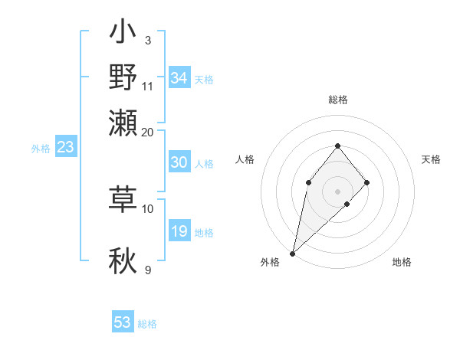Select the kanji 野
coord(123,79)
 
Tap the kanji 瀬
coord(123,122)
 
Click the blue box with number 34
coord(179,78)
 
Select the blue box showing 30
coord(179,162)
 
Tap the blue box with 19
coord(179,231)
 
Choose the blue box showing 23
coord(65,147)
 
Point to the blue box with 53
coord(123,322)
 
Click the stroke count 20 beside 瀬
coord(148,132)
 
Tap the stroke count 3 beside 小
coord(148,40)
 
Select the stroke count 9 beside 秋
coord(148,270)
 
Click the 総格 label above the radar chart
coord(338,100)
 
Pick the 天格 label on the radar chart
coord(432,159)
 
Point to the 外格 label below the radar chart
coord(271,262)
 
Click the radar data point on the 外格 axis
coord(293,253)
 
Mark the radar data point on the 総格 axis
coord(338,146)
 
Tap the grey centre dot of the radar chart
coord(338,191)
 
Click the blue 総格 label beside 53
coord(147,324)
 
